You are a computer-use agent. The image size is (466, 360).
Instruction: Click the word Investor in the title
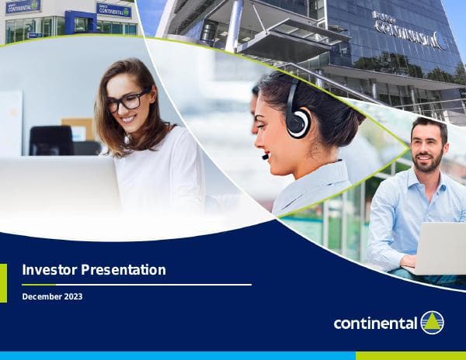coord(47,270)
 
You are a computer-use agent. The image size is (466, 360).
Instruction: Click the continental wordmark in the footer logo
coord(375,324)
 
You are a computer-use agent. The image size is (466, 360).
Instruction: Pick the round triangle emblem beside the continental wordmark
coord(432,323)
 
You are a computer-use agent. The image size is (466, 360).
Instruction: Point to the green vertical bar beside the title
coord(3,282)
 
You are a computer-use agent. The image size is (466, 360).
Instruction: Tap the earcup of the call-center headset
coord(298,123)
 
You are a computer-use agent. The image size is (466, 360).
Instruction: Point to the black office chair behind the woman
coord(51,141)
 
